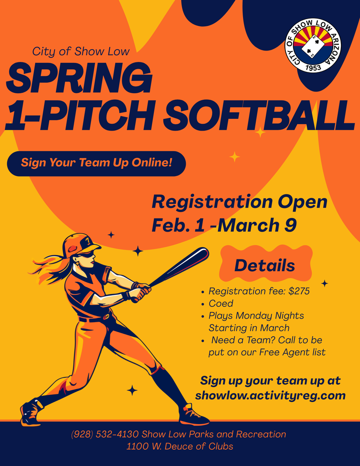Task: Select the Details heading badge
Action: pyautogui.click(x=265, y=265)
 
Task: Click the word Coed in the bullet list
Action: pyautogui.click(x=221, y=304)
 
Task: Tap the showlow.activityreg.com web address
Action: pyautogui.click(x=270, y=395)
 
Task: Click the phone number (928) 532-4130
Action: pyautogui.click(x=104, y=434)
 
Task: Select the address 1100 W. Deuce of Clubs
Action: pyautogui.click(x=180, y=446)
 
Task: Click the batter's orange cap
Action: pyautogui.click(x=80, y=244)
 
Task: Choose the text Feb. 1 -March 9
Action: pyautogui.click(x=224, y=225)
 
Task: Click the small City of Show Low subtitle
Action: pyautogui.click(x=81, y=51)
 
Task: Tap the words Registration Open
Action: pyautogui.click(x=239, y=202)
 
